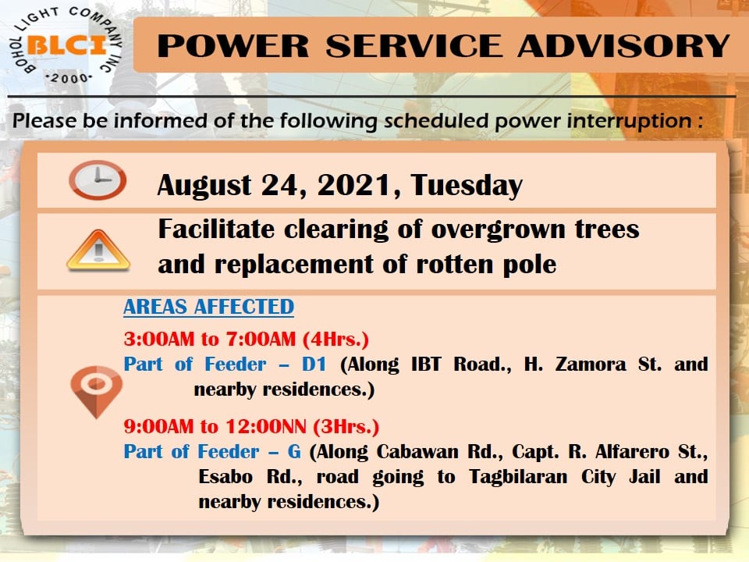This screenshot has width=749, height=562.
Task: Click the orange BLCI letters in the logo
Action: tap(66, 45)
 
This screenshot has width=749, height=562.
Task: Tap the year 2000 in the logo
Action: tap(69, 78)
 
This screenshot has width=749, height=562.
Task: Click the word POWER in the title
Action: tap(233, 46)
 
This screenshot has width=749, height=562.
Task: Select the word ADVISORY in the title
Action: tap(623, 46)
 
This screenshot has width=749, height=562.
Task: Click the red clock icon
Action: tap(98, 180)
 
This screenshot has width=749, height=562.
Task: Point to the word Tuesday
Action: tap(467, 186)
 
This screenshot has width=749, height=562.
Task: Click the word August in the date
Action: tap(204, 186)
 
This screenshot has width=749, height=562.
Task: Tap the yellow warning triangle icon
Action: tap(98, 251)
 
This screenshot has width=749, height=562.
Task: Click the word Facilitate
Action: tap(216, 229)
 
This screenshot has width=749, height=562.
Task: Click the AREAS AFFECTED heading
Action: tap(209, 307)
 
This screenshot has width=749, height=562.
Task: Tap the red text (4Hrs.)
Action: tap(335, 339)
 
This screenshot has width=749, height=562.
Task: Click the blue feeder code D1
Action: tap(314, 365)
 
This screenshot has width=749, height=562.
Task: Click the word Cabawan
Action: tap(417, 452)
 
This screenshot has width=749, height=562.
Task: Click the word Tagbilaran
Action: tap(518, 477)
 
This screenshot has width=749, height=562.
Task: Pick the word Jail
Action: tap(645, 476)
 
